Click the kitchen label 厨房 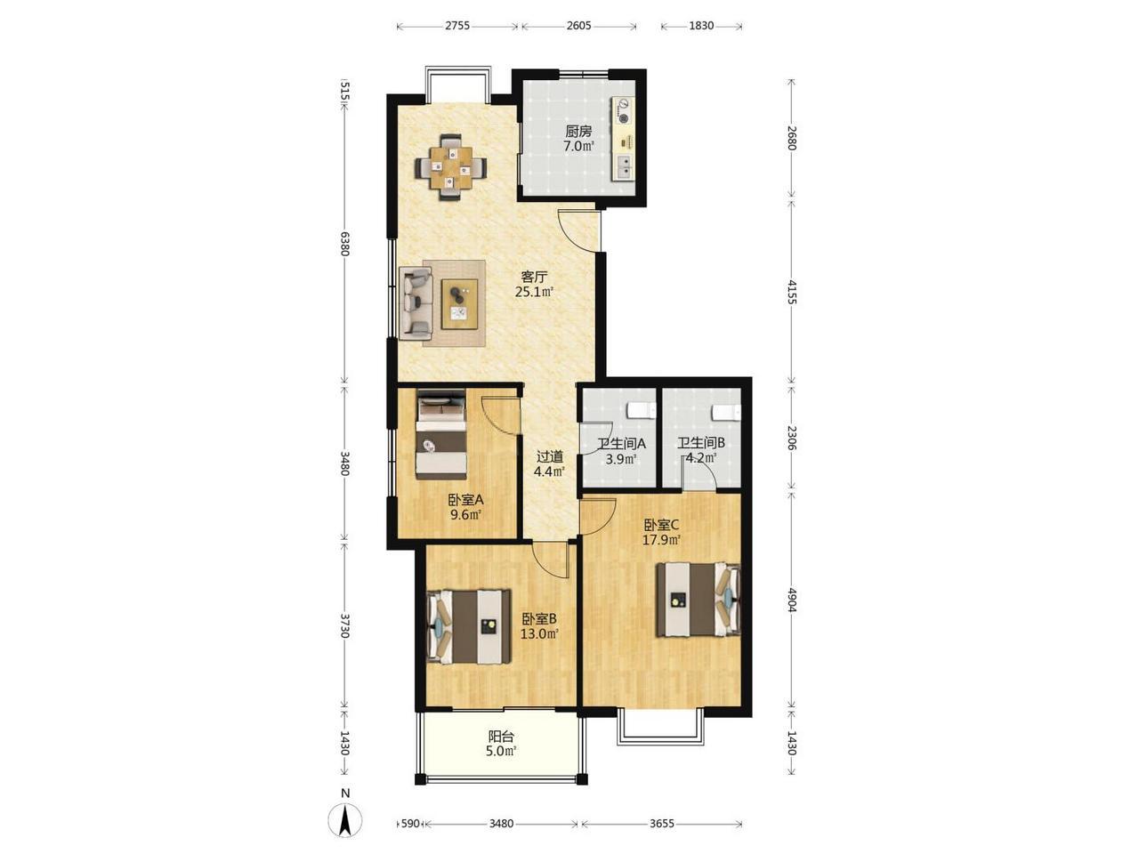coord(578,131)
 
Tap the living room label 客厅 coord(534,277)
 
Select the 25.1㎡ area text coord(534,292)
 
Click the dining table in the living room coord(450,167)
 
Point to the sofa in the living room coord(416,303)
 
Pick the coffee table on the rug coord(460,304)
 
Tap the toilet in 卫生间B coord(726,413)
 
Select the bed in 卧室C coord(698,599)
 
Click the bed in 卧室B coord(469,626)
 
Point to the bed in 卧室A coord(440,434)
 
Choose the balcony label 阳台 coord(501,736)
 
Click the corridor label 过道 coord(549,457)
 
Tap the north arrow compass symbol coord(345,821)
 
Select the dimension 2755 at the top coord(457,26)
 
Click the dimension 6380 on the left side coord(345,244)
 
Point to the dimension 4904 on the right coord(791,600)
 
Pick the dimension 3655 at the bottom coord(662,824)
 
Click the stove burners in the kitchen coord(622,111)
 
